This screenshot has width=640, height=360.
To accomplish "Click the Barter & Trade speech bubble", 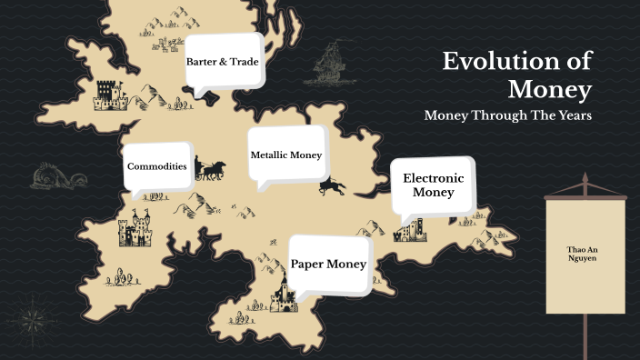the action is pos(223,62).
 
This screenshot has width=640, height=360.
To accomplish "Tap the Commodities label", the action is pos(157,166).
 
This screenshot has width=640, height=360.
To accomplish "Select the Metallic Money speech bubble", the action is pos(286,155).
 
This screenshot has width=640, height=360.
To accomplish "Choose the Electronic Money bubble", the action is pos(433,185).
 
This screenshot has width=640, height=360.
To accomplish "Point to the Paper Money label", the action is pos(328,264).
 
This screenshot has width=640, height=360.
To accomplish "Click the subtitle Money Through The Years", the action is pos(508,116).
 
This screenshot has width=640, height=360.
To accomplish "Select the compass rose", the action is pos(32,318).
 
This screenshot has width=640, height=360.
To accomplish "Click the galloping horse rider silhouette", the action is pos(333,185).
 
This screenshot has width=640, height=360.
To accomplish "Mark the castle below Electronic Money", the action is pos(409,230).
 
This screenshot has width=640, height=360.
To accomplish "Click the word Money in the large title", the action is pos(550,90).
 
